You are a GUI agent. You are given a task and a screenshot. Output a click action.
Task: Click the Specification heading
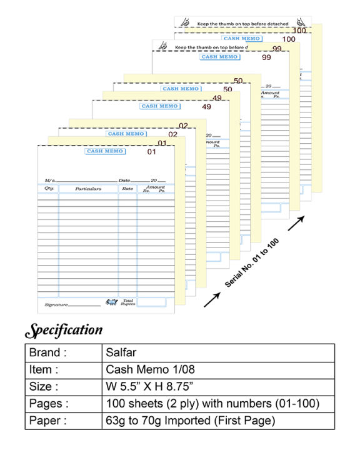coord(63,330)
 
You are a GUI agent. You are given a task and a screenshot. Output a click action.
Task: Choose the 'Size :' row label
coord(44,386)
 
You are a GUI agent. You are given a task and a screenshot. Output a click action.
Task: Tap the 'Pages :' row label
coord(48,403)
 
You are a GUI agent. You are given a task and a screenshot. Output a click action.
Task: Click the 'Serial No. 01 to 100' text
coord(252,262)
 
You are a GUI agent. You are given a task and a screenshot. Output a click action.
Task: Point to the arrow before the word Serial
coord(211,300)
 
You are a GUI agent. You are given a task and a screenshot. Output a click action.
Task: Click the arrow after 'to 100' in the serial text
coord(296,221)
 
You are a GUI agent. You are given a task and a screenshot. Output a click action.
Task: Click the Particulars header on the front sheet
coord(88,188)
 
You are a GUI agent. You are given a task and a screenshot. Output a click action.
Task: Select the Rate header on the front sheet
coord(127,188)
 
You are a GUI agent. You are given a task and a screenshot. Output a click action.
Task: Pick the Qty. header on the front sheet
coord(49,188)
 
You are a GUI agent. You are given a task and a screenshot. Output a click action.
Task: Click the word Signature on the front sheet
coord(56,304)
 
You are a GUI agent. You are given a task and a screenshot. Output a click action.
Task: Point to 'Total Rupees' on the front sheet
coord(127,302)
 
